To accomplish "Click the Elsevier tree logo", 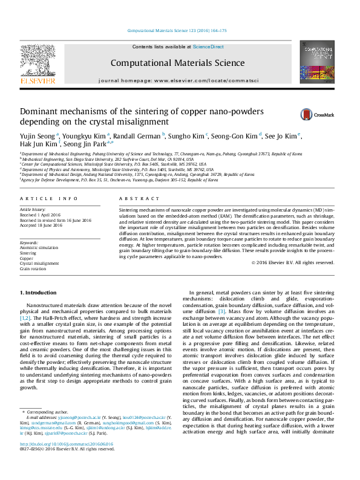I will (x=39, y=62).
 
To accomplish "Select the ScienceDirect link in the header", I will (x=208, y=47).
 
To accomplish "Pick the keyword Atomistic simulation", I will (x=39, y=248).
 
